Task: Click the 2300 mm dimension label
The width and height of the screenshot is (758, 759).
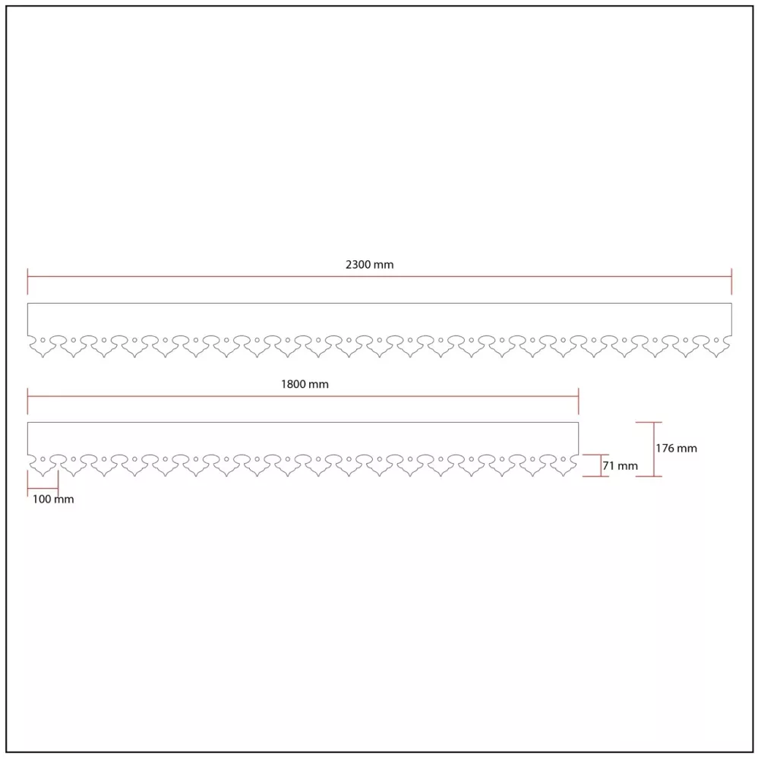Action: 369,265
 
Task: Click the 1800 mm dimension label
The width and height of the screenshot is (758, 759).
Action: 305,384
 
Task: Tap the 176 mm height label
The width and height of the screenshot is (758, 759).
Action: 676,449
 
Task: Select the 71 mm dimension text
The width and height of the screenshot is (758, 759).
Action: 620,466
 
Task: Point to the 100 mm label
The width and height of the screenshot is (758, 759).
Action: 53,499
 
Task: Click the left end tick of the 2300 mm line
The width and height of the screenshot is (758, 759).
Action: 27,282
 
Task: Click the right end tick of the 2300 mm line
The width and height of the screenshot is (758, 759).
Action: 731,282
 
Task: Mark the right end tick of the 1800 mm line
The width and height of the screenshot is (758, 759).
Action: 578,401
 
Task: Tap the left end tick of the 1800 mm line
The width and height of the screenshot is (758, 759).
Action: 27,401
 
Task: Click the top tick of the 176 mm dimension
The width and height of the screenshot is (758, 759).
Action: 649,423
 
